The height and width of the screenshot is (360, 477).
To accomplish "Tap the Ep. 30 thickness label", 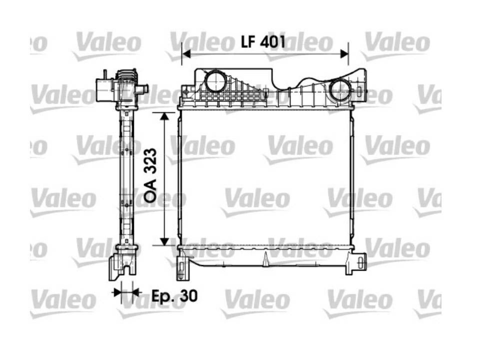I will tap(174, 295).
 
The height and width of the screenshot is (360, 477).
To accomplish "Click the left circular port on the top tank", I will tap(216, 81).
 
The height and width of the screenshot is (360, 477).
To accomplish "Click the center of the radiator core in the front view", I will tap(265, 177).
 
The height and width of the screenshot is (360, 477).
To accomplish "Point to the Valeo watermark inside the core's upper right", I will tap(298, 147).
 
